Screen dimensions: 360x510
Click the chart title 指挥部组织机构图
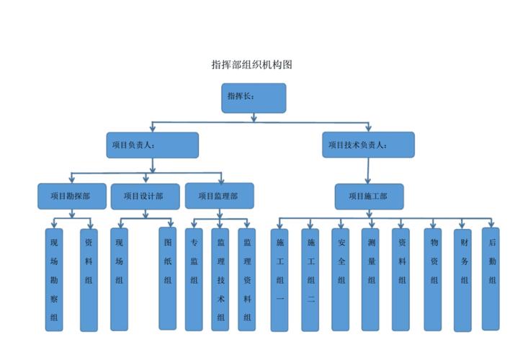(251, 65)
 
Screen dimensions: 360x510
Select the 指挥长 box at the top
(254, 98)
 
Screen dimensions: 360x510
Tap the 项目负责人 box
(152, 145)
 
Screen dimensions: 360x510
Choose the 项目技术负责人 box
(368, 145)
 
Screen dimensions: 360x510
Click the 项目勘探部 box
(71, 196)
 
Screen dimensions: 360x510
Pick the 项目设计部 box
(143, 196)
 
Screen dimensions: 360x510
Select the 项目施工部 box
(369, 196)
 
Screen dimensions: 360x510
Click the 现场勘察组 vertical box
(54, 279)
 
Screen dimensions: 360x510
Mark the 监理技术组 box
(221, 279)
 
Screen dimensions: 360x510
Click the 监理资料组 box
(247, 279)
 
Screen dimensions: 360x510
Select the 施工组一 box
(280, 279)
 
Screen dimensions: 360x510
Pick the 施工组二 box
(310, 279)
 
